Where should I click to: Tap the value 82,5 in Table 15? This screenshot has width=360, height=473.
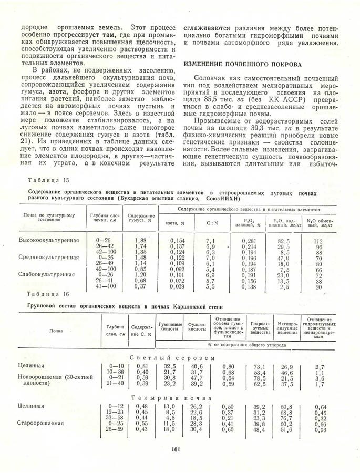pos(284,240)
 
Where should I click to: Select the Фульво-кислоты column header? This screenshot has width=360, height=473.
pos(197,327)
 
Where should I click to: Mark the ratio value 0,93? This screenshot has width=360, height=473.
pos(321,430)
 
